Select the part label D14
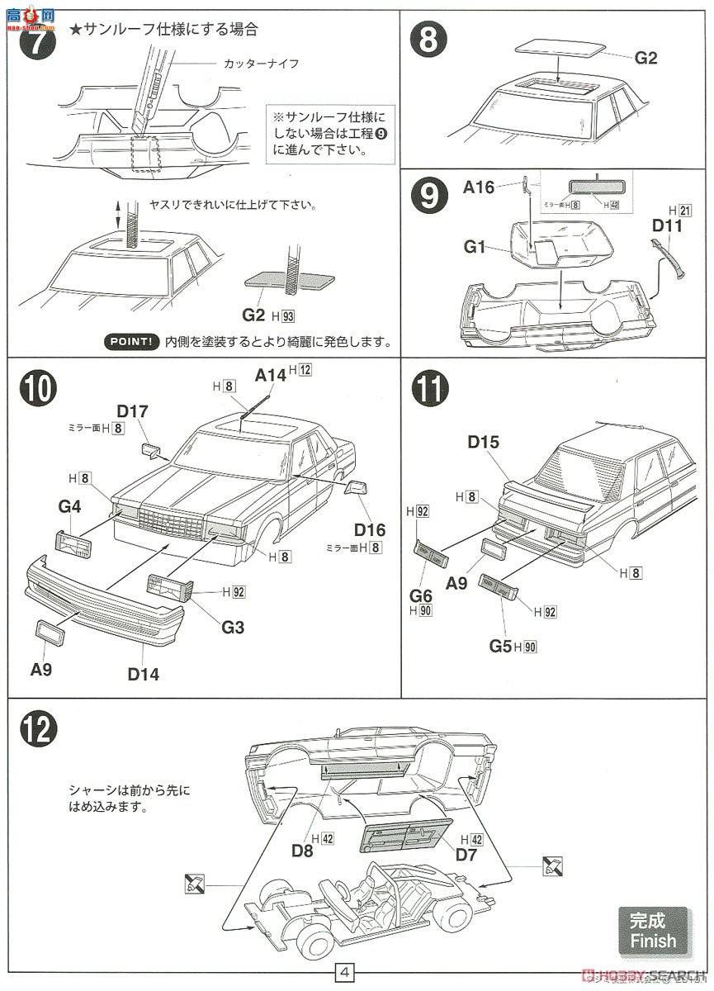[x=143, y=674]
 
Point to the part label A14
[x=270, y=374]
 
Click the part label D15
[x=483, y=442]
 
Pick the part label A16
[x=479, y=188]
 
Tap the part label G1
[x=477, y=245]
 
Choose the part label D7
[x=466, y=854]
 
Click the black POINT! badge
[x=132, y=341]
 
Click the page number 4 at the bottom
[x=346, y=973]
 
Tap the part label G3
[x=233, y=628]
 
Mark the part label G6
[x=421, y=596]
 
